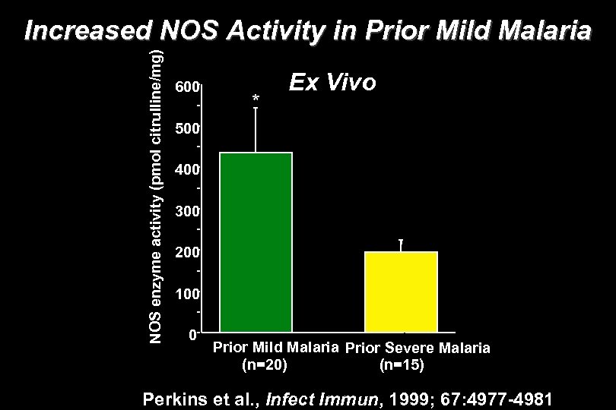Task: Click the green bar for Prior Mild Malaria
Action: (x=256, y=243)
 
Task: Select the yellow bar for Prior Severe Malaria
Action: (x=401, y=292)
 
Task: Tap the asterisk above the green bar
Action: (x=256, y=99)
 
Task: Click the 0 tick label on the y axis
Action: (x=192, y=333)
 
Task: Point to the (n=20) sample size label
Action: (x=264, y=365)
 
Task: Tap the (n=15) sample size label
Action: (x=402, y=366)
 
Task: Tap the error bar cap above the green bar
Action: (x=256, y=108)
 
